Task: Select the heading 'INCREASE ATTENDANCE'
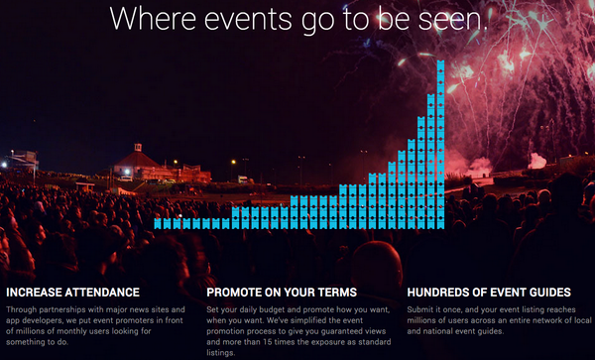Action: click(x=72, y=293)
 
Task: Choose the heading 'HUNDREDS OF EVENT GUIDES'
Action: click(x=489, y=293)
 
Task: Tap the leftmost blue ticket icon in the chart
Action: click(x=159, y=223)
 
